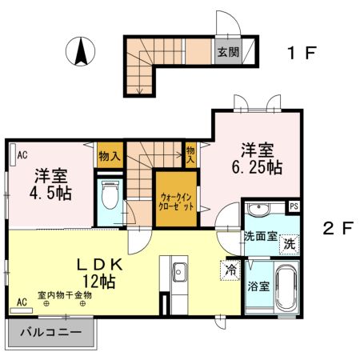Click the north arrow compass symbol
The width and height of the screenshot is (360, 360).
81,51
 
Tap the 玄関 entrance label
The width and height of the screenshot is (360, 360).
228,52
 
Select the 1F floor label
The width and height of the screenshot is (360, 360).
302,53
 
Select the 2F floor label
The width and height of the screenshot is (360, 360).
338,228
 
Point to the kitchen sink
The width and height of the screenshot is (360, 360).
179,272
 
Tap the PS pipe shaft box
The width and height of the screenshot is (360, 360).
294,206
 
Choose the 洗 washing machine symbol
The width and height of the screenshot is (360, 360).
290,244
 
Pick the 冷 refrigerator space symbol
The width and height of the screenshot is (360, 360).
230,270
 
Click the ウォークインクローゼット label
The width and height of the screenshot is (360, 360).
176,202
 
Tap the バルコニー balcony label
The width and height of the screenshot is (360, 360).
50,332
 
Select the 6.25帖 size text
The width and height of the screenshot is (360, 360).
257,167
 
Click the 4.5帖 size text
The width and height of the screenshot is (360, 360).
50,193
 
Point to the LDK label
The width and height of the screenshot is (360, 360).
100,265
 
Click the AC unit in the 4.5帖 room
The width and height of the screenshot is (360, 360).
13,154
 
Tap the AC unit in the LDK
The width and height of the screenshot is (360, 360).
21,310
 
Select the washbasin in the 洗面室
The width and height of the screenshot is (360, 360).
258,209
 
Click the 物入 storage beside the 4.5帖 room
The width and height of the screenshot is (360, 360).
110,155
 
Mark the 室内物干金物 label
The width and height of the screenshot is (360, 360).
65,295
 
